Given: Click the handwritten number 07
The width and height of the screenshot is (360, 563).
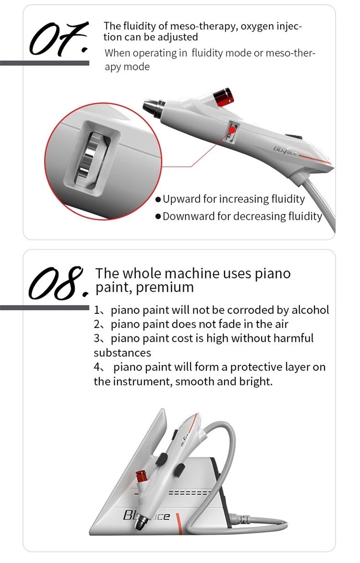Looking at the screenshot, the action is (x=59, y=39).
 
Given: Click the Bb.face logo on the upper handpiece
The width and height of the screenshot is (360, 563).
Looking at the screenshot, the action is (x=286, y=150).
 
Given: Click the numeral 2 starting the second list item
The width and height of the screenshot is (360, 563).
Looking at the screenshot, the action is (x=96, y=324).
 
